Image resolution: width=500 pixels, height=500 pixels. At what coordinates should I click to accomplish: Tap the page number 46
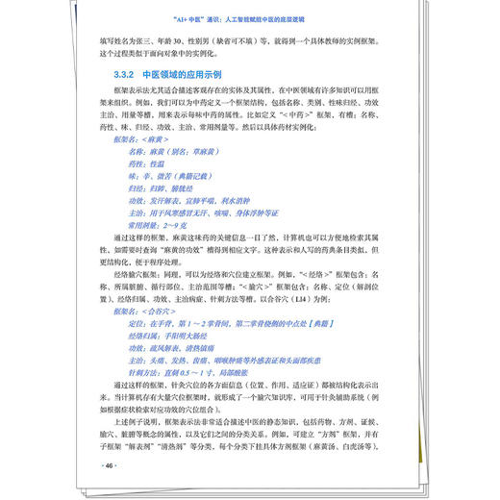coord(108,465)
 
